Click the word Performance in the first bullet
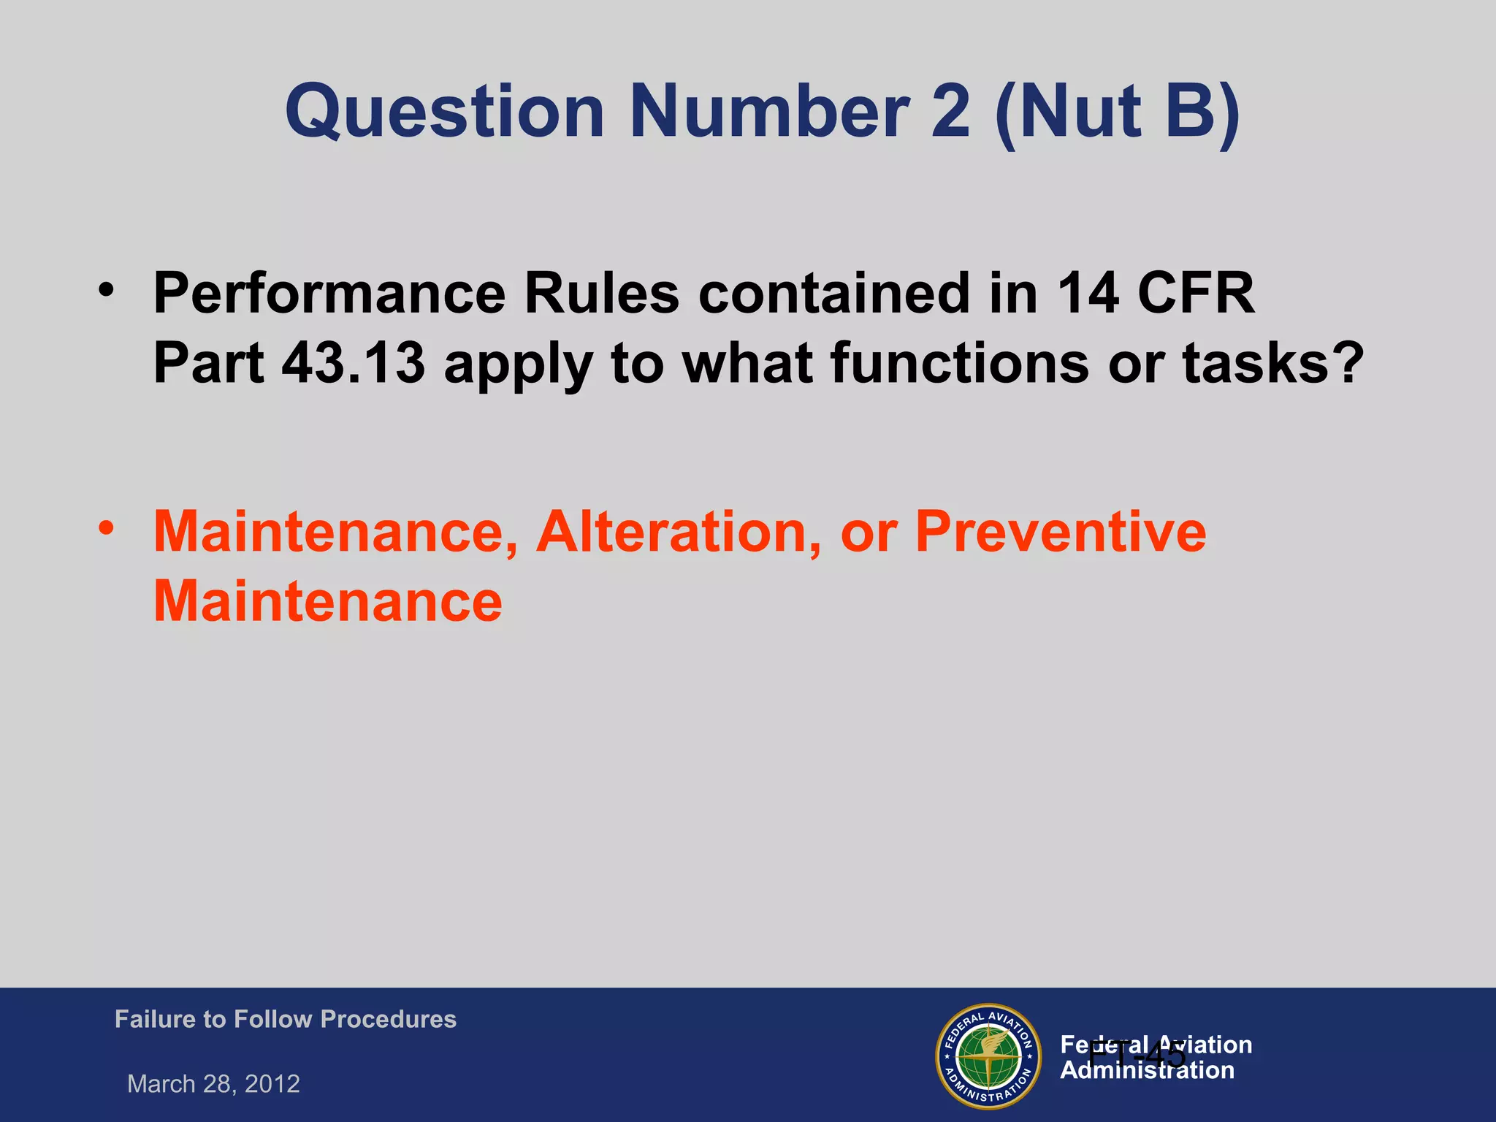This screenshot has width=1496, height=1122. pos(329,294)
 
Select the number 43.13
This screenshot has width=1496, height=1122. pos(354,363)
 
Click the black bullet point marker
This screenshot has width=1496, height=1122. pos(107,289)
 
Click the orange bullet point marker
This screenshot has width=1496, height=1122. pos(107,527)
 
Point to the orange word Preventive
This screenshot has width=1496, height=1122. pos(1060,532)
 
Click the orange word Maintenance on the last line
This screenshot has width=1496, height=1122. pos(328,602)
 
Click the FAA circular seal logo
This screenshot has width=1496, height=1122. pos(988,1056)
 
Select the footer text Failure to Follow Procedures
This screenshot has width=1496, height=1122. pos(285,1019)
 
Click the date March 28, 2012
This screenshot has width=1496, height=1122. pos(213,1084)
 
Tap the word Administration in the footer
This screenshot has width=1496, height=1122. pos(1147,1071)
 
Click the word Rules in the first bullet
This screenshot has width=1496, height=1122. pos(601,294)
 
